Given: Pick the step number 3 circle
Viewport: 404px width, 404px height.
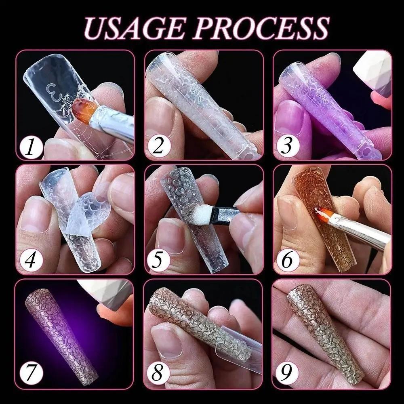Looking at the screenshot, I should tap(286, 146).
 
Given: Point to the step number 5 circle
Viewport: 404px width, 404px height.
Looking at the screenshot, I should tap(158, 261).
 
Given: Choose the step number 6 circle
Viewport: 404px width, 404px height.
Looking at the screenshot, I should tap(286, 261).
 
